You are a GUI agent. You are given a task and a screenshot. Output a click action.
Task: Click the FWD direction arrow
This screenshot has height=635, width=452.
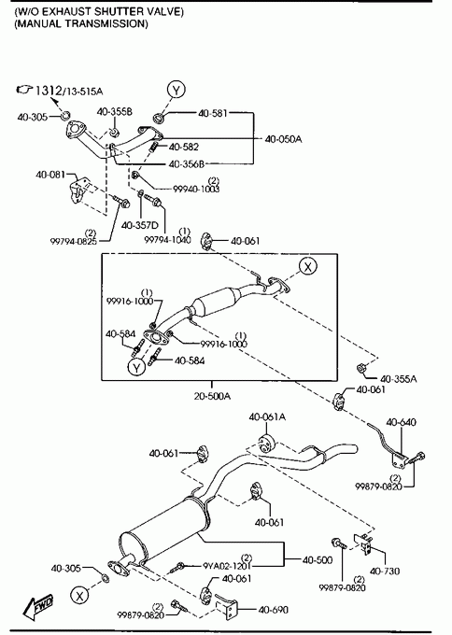[x=39, y=606]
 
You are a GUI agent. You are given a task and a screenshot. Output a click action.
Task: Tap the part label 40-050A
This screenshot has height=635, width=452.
[x=284, y=139]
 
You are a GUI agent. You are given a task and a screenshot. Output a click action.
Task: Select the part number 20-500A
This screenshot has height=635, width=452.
[x=212, y=396]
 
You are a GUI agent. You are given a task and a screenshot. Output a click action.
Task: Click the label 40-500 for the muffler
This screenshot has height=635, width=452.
[x=318, y=560]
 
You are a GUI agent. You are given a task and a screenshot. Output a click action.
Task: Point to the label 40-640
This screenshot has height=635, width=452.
[x=401, y=422]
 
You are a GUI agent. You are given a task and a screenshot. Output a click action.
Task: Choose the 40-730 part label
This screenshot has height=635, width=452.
[x=385, y=571]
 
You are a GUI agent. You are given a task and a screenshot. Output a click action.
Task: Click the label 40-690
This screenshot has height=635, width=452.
[x=274, y=609]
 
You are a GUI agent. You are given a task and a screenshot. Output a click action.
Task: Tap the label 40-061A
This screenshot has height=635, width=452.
[x=267, y=416]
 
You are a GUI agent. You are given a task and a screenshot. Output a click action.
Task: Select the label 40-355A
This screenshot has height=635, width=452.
[x=399, y=379]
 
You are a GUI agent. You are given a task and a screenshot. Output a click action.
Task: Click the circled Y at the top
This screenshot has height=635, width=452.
[x=177, y=90]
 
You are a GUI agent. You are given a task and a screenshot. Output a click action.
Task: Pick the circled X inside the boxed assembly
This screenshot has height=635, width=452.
[x=308, y=266]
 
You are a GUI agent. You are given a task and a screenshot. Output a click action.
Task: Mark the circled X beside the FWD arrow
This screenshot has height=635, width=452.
[x=79, y=596]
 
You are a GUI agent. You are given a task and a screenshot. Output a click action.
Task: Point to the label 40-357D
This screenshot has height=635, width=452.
[x=140, y=225]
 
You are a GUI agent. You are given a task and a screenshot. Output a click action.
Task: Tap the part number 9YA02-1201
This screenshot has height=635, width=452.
[x=227, y=565]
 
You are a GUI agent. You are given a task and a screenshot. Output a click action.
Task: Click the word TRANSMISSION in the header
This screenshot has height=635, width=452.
[x=106, y=23]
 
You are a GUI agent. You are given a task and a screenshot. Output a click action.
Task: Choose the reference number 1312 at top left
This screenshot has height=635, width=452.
[x=49, y=90]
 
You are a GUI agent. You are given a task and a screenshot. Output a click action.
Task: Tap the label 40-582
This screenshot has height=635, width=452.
[x=184, y=147]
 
